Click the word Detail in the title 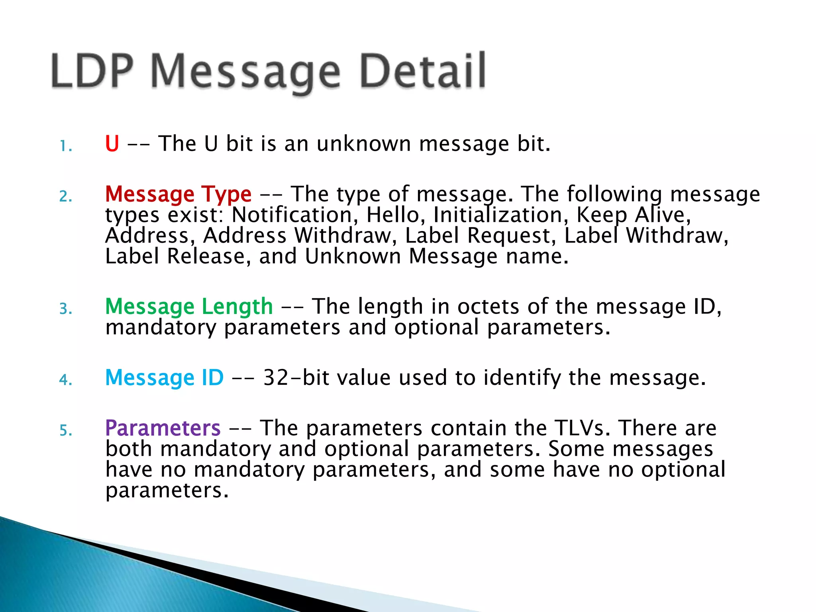click(422, 72)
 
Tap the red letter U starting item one click(112, 144)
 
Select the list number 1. click(65, 147)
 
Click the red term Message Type click(178, 194)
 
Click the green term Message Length click(189, 307)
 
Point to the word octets click(488, 307)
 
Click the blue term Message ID click(164, 378)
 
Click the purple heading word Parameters click(163, 428)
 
